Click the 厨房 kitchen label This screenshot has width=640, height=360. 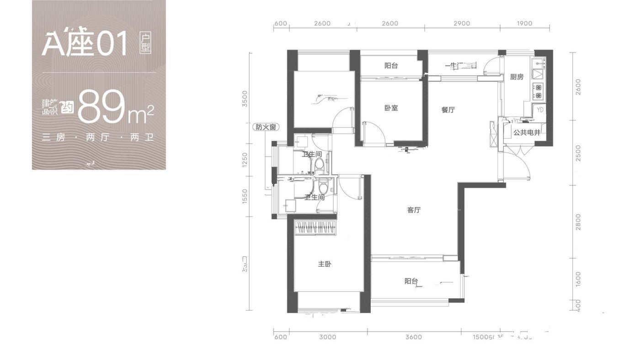[517, 77]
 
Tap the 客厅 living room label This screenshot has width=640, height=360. [414, 210]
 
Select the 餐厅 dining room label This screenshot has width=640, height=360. [448, 110]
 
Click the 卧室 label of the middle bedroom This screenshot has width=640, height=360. [391, 108]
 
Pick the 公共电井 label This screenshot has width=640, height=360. [527, 133]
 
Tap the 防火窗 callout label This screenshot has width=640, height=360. [266, 127]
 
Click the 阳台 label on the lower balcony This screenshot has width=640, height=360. [411, 281]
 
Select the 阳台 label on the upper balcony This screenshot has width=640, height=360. [391, 66]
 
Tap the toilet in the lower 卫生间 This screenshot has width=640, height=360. [323, 188]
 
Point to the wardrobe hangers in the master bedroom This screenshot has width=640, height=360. [316, 227]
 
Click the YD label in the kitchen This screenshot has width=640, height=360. [540, 110]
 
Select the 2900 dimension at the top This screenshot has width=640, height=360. [462, 23]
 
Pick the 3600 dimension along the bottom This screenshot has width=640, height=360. [413, 337]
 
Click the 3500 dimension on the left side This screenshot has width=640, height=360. [245, 99]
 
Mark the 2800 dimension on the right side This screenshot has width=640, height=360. [578, 222]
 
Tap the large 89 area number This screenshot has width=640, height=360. [101, 107]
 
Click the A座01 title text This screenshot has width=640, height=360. [85, 45]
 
